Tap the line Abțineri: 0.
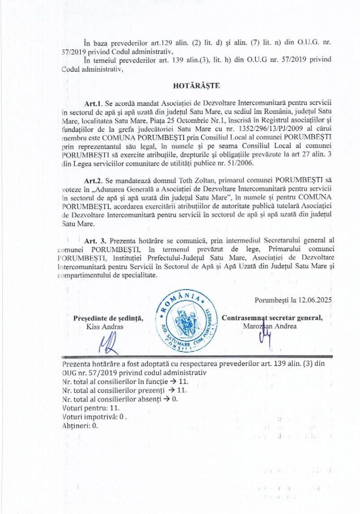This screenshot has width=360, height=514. point(80,425)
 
